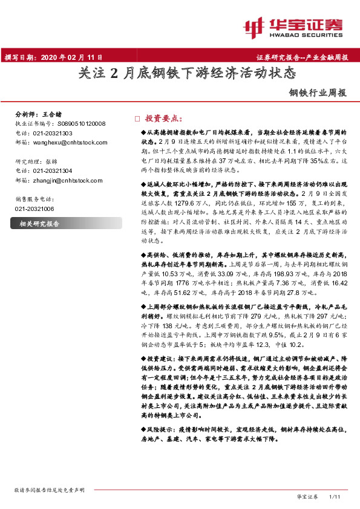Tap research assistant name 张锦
53,161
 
